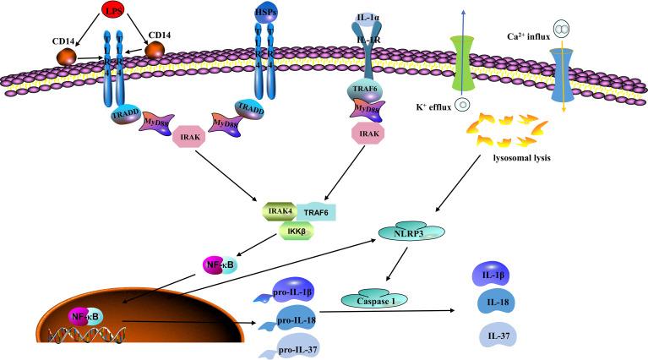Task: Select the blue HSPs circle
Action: (265, 13)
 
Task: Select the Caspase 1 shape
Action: (368, 299)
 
